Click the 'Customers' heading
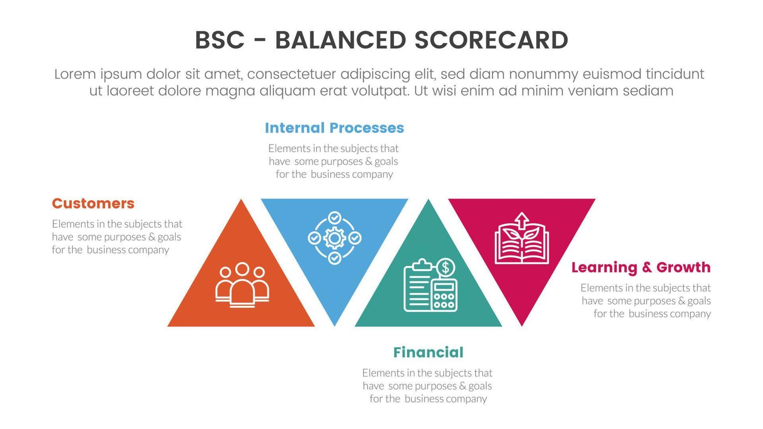(x=93, y=204)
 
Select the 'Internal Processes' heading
(x=334, y=128)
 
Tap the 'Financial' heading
(x=428, y=352)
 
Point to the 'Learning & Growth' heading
(x=641, y=267)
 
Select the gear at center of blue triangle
(x=335, y=238)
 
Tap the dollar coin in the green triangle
(x=445, y=267)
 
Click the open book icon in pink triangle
(x=521, y=245)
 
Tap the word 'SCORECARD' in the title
(x=491, y=40)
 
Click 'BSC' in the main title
(x=219, y=40)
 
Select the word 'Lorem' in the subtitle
(x=74, y=74)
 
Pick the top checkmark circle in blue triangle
(x=335, y=218)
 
